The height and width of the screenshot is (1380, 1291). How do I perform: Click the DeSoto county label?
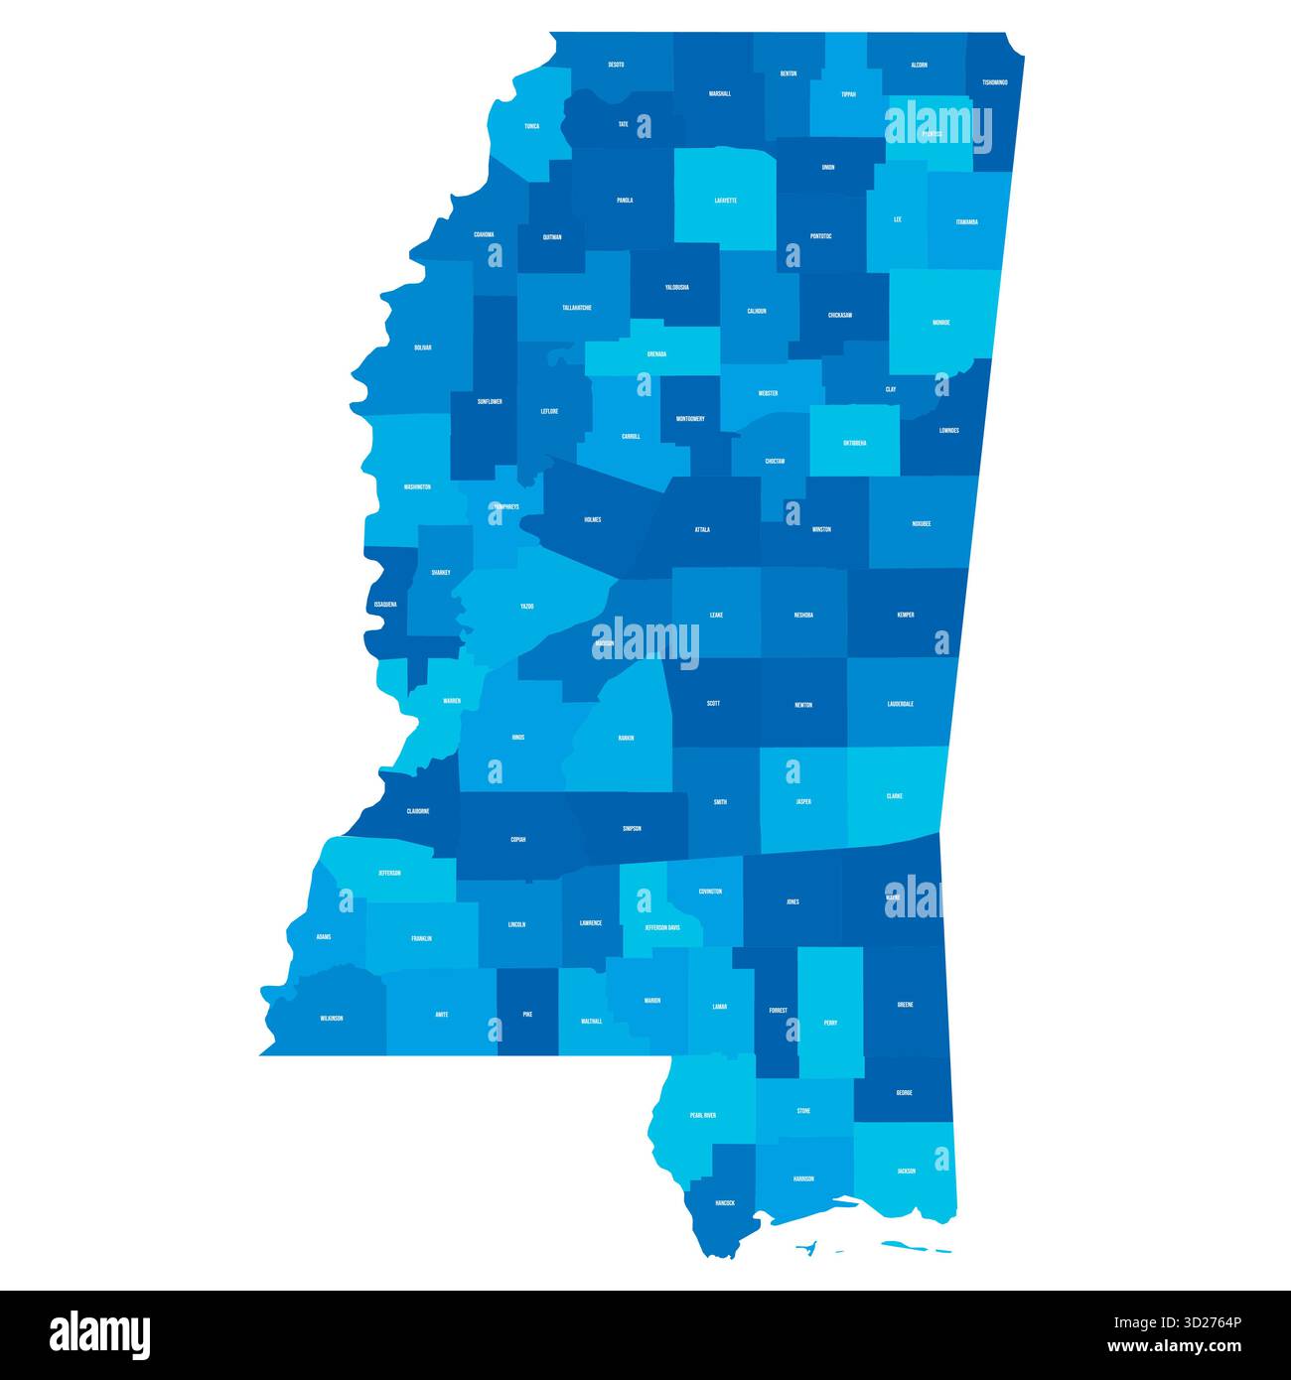pyautogui.click(x=616, y=65)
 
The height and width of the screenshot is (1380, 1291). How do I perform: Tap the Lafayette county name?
pyautogui.click(x=725, y=201)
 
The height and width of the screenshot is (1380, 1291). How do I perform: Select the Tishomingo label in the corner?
pyautogui.click(x=994, y=82)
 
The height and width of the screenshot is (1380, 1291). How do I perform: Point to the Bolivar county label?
pyautogui.click(x=423, y=348)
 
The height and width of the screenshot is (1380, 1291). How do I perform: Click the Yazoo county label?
pyautogui.click(x=526, y=606)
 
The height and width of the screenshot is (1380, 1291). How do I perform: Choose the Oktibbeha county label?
pyautogui.click(x=854, y=443)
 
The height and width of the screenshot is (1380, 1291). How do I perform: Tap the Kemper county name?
pyautogui.click(x=905, y=616)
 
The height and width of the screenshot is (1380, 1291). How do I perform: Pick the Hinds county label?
pyautogui.click(x=517, y=738)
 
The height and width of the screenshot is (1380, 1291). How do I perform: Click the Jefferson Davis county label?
pyautogui.click(x=661, y=928)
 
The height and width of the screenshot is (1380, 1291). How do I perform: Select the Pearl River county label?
pyautogui.click(x=703, y=1115)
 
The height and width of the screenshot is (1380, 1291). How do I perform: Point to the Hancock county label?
pyautogui.click(x=725, y=1203)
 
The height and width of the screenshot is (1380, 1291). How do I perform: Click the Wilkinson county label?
pyautogui.click(x=332, y=1019)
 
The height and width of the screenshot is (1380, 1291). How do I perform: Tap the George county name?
pyautogui.click(x=904, y=1093)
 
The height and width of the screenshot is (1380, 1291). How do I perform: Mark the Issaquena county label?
pyautogui.click(x=385, y=605)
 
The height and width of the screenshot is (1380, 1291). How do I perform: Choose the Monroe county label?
pyautogui.click(x=940, y=323)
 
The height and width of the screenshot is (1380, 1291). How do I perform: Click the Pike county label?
pyautogui.click(x=527, y=1015)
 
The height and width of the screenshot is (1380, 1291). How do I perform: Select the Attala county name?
pyautogui.click(x=702, y=530)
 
